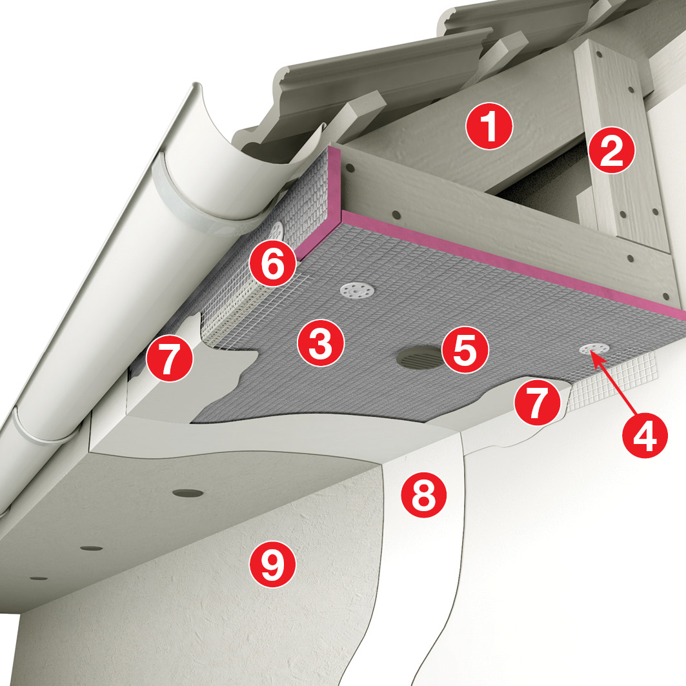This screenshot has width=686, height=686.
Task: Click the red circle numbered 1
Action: [x=489, y=126]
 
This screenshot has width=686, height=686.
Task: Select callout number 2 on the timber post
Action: [x=611, y=150]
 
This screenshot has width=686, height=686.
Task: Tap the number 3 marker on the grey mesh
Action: [x=321, y=343]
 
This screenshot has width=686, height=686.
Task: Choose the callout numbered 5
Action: [x=465, y=350]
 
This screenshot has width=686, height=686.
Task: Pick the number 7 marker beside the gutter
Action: [x=169, y=358]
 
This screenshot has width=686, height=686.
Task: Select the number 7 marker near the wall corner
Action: [x=537, y=401]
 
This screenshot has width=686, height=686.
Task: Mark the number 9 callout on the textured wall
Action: [x=272, y=564]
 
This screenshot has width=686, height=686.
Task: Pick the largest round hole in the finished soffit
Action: [x=188, y=493]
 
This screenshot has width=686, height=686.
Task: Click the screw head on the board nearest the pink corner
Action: [x=350, y=168]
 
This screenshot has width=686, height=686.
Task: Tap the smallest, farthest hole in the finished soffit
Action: [x=39, y=578]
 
